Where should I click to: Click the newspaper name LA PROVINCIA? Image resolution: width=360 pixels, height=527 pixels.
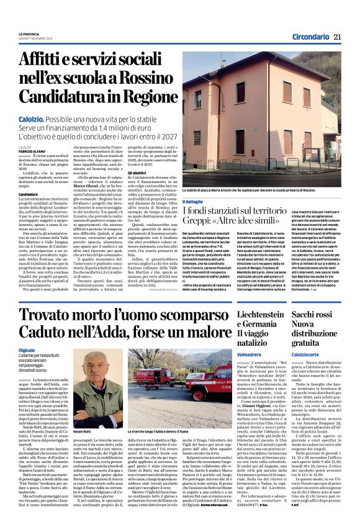click(x=29, y=34)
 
